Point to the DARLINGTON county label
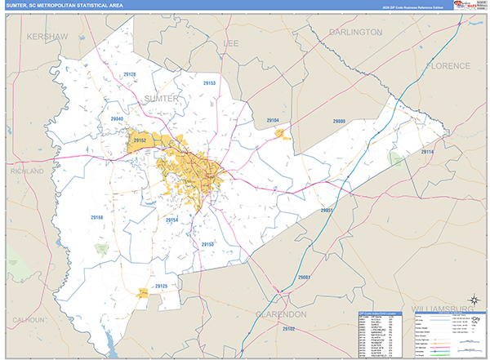coord(355,32)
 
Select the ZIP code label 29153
coord(208,83)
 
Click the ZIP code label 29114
coord(428,152)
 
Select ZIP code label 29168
coord(98,217)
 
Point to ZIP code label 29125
coord(161,286)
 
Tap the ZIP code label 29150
coord(207,244)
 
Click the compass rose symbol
coord(472,299)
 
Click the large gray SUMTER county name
coord(160,98)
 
